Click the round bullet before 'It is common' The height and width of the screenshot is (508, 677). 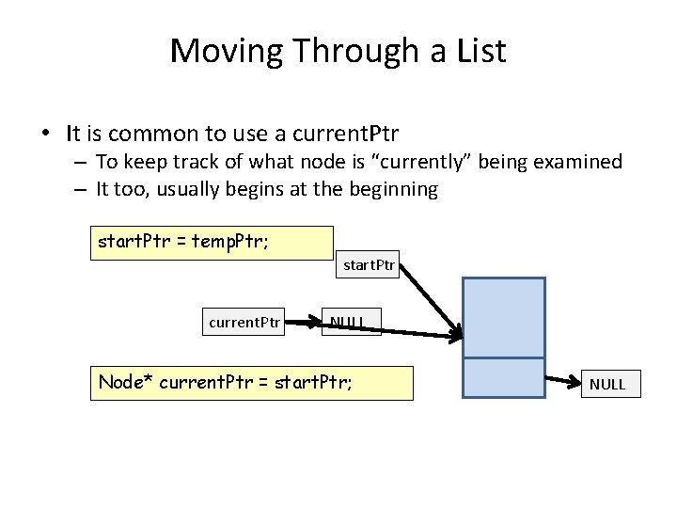tap(46, 132)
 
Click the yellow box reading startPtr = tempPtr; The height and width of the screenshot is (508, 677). tap(212, 242)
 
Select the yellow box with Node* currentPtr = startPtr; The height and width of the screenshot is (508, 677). tap(251, 384)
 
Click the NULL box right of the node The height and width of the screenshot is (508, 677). tap(606, 384)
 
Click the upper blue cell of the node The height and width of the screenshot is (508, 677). tap(503, 317)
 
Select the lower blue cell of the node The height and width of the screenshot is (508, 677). tap(503, 379)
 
